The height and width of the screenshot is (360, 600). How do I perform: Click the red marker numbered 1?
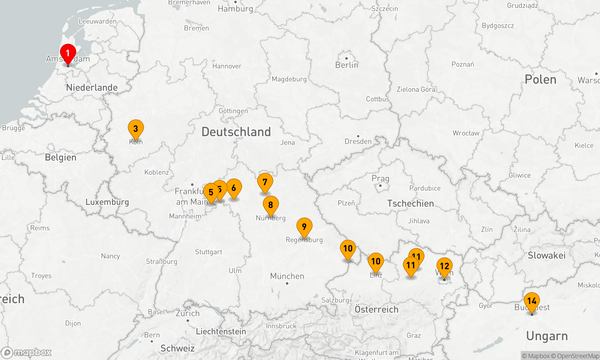[68, 53]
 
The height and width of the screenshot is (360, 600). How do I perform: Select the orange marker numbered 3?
[136, 128]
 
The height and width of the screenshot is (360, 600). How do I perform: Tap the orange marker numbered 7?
[265, 182]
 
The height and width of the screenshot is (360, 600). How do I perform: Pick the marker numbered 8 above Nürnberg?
[271, 205]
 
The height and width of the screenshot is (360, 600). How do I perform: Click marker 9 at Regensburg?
[304, 226]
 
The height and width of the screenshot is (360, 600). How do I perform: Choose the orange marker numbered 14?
[532, 301]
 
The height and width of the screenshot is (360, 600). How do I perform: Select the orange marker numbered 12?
[444, 266]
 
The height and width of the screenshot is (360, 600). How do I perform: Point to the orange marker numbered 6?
[234, 188]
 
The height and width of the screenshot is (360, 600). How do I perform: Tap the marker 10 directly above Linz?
[376, 261]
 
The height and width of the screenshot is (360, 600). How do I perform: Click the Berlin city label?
[346, 65]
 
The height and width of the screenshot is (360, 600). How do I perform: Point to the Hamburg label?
[235, 9]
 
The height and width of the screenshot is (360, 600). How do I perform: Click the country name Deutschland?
[236, 132]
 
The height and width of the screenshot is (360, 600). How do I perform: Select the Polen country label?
[540, 79]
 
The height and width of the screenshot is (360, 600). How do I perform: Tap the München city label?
[287, 276]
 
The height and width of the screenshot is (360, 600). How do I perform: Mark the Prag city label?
[380, 178]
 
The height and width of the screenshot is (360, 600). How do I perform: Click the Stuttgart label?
[208, 252]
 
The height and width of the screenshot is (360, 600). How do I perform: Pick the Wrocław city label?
[466, 133]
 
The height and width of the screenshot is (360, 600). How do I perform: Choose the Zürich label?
[187, 313]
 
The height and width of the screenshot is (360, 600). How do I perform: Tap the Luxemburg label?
[107, 202]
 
